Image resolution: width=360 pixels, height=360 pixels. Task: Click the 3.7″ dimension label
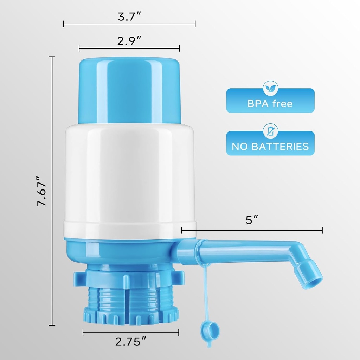(129, 17)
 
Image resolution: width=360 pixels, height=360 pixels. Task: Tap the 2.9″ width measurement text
(129, 41)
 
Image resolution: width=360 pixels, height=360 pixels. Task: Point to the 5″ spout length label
(252, 220)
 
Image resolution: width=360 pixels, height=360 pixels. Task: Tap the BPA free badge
(270, 103)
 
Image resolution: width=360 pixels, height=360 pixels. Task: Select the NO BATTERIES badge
(270, 146)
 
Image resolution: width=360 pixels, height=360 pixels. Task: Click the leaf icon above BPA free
(270, 89)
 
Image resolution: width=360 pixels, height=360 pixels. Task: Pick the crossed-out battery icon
(270, 131)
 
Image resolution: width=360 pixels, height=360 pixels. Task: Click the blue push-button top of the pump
(129, 90)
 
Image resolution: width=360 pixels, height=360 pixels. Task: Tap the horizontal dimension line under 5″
(252, 231)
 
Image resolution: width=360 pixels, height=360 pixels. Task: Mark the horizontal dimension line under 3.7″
(129, 24)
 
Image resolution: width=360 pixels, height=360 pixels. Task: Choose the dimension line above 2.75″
(131, 332)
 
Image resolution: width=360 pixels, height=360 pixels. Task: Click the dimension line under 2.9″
(129, 49)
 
